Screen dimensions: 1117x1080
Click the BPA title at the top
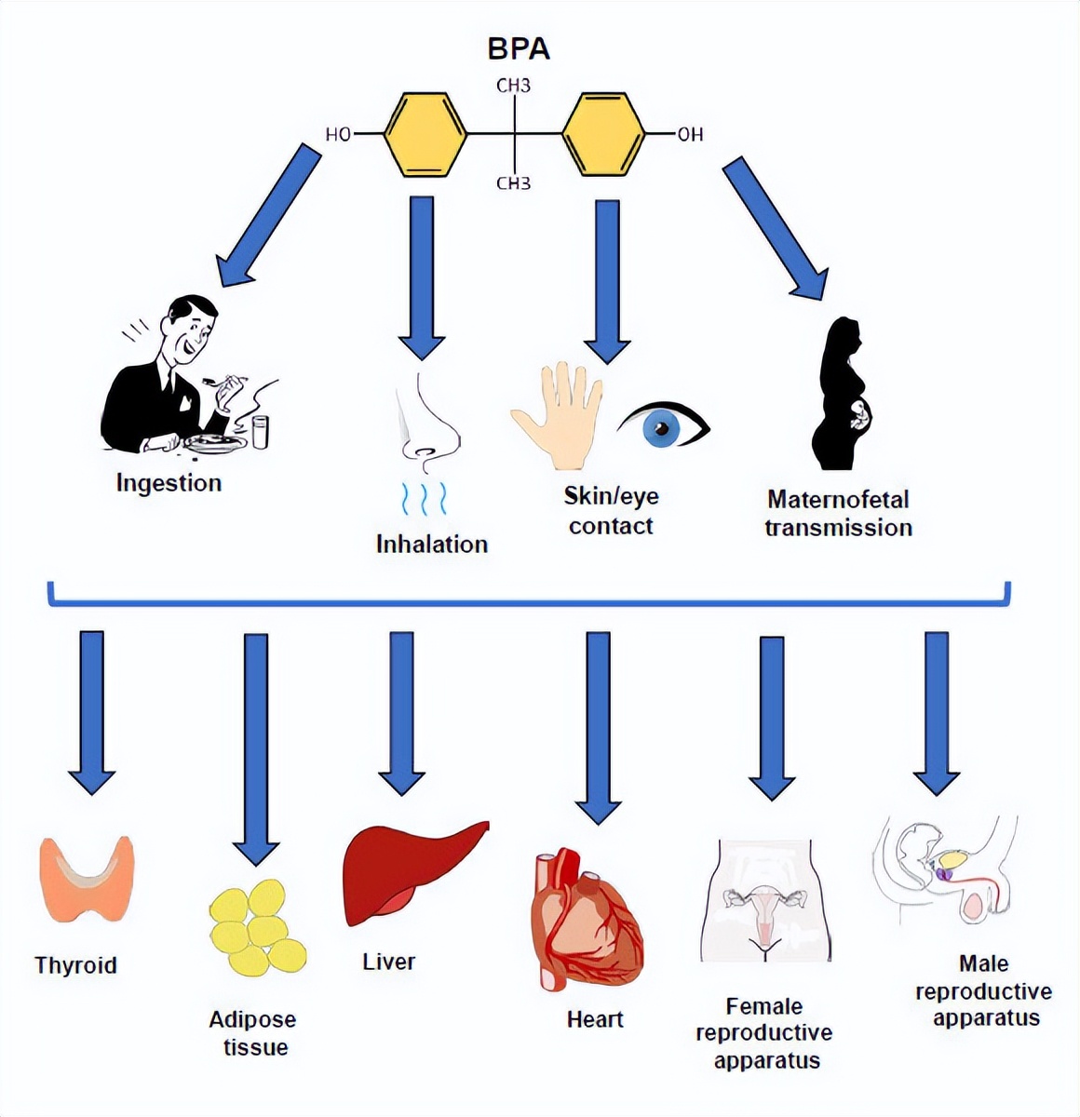(519, 48)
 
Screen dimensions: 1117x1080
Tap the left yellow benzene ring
(425, 133)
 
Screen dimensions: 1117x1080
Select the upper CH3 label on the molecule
(513, 87)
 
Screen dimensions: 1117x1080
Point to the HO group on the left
(338, 135)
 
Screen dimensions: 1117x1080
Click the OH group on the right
(689, 135)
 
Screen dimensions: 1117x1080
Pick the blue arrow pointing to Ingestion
(268, 216)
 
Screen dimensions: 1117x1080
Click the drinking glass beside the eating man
(261, 431)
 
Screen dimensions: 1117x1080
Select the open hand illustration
(557, 415)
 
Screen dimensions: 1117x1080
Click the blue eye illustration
(663, 427)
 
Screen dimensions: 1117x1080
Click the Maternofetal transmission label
(838, 513)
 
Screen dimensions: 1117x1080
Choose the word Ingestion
(169, 483)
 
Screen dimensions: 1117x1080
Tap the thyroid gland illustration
(87, 881)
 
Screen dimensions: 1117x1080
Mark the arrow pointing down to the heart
(598, 726)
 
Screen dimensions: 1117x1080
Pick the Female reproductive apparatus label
(763, 1033)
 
